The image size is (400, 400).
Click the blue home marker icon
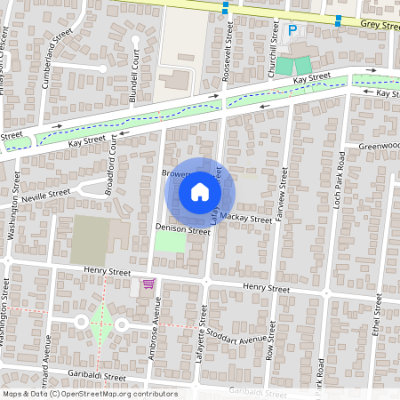(200, 192)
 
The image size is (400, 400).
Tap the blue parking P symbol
(292, 30)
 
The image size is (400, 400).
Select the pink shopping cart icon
(148, 284)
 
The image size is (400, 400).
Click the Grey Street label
(380, 27)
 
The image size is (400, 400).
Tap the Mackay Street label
(247, 218)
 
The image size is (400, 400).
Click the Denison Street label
(182, 229)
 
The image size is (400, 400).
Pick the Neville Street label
(46, 195)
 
